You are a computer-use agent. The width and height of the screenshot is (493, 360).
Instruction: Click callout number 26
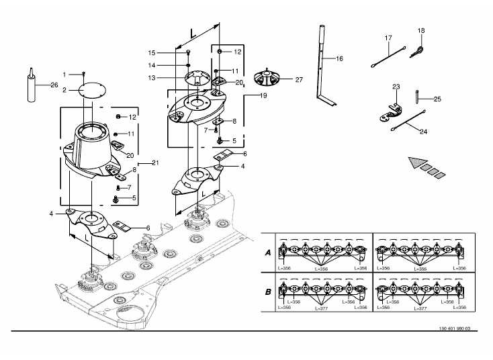click(x=54, y=85)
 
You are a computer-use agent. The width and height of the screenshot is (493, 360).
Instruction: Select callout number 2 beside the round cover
click(x=64, y=90)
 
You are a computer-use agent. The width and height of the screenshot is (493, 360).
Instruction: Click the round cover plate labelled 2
click(x=92, y=91)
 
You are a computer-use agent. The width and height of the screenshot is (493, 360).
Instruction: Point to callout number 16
click(x=340, y=58)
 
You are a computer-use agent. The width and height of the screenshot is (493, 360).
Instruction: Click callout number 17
click(x=389, y=38)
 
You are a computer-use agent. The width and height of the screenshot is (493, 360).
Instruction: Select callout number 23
click(x=396, y=87)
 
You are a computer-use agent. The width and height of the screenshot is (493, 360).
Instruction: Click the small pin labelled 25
click(x=416, y=96)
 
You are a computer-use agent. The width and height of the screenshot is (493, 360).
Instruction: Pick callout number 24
click(x=424, y=132)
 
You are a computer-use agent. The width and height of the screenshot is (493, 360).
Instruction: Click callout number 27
click(x=299, y=80)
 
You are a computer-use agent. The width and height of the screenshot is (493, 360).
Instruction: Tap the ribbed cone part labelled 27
click(x=267, y=78)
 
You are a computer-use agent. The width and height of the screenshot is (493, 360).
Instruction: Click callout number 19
click(x=263, y=95)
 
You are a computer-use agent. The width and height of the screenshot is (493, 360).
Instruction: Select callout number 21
click(x=155, y=163)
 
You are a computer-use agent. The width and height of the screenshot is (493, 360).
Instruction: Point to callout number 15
click(x=152, y=53)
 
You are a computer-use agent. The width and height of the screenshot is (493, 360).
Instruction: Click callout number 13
click(x=152, y=78)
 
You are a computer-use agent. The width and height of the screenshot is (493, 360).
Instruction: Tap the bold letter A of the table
click(x=268, y=253)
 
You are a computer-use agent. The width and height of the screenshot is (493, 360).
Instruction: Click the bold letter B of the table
click(x=268, y=291)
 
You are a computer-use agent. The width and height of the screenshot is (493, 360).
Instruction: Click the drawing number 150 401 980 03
click(x=455, y=328)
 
